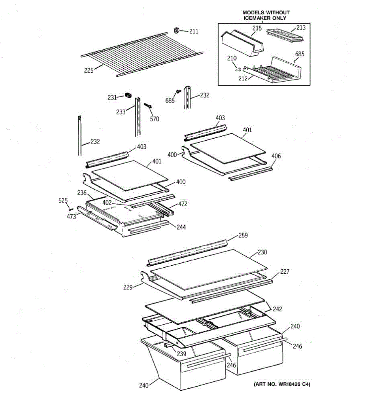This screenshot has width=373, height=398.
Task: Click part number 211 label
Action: click(194, 32)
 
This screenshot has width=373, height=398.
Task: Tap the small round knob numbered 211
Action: click(177, 31)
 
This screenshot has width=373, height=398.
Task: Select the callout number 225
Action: click(89, 70)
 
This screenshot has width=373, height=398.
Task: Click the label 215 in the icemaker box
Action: click(257, 28)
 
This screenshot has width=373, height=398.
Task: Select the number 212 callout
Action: click(243, 79)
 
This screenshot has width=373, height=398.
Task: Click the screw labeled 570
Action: click(148, 106)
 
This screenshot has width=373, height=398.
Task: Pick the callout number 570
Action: click(155, 119)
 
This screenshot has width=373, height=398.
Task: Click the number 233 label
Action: click(121, 112)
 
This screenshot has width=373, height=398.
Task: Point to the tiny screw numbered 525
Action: click(70, 209)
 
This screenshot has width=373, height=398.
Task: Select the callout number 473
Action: click(71, 217)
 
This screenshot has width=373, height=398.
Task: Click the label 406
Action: click(276, 156)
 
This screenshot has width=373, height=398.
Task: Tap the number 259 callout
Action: click(243, 235)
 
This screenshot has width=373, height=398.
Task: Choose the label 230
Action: click(262, 252)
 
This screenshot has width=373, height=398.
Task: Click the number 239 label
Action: click(181, 354)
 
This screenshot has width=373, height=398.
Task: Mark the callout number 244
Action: click(181, 227)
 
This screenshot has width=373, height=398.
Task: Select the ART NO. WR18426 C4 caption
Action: click(282, 384)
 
